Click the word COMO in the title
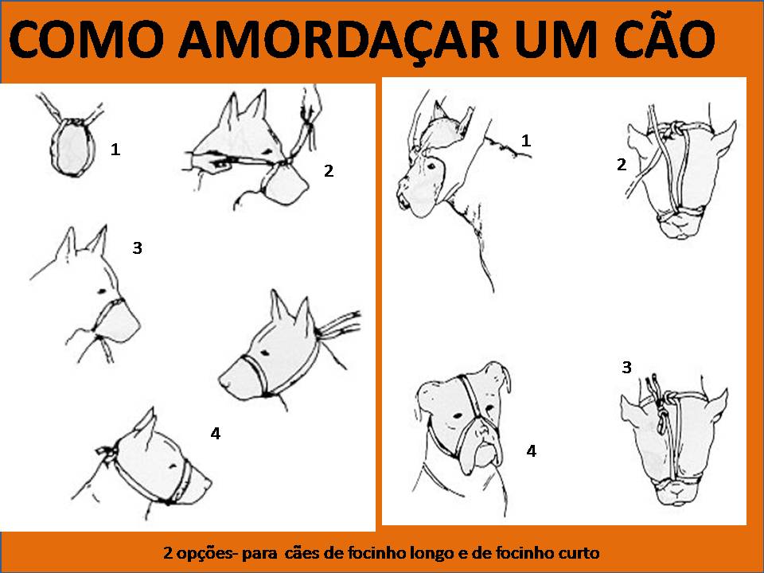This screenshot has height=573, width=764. pos(87,38)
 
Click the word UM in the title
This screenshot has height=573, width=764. pos(556,38)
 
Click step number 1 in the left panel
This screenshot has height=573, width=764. pos(115,149)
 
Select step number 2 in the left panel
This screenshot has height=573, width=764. pos(329,170)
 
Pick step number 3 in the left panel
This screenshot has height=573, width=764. pos(138,248)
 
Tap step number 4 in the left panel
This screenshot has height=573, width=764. pos(216,433)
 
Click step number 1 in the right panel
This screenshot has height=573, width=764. pos(526,140)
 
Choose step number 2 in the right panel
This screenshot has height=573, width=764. pos(622,165)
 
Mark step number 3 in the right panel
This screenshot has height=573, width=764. pos(626,367)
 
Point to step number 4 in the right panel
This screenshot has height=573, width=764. pos(531,450)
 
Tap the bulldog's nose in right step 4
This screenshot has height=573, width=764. pos(483,431)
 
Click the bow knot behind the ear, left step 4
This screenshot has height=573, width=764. pos(107,454)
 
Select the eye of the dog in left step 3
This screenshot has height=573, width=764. pos(102,291)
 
